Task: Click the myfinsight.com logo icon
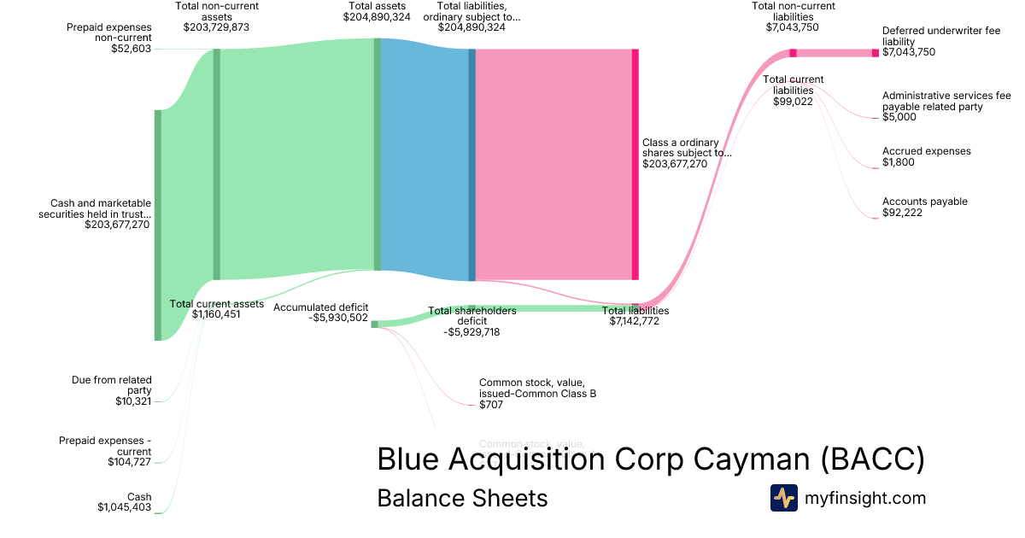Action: tap(783, 498)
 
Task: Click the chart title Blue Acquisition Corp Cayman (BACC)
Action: tap(650, 459)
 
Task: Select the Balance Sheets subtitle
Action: tap(462, 498)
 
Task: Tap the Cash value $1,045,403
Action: tap(124, 507)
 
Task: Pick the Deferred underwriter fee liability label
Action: tap(940, 36)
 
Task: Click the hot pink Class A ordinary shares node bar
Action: tap(635, 164)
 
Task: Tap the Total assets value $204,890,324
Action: tap(377, 17)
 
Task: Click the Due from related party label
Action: tap(112, 385)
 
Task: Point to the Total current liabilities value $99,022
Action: tap(793, 102)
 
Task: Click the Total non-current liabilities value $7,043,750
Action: tap(793, 27)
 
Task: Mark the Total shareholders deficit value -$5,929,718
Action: tap(471, 332)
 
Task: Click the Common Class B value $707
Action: tap(490, 405)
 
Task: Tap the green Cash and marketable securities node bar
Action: tap(158, 225)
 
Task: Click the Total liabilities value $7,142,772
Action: tap(634, 321)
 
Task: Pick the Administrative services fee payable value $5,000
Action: tap(899, 118)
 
